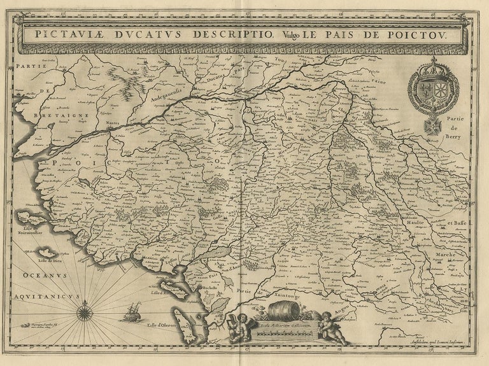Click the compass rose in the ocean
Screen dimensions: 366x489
pyautogui.click(x=84, y=313)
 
